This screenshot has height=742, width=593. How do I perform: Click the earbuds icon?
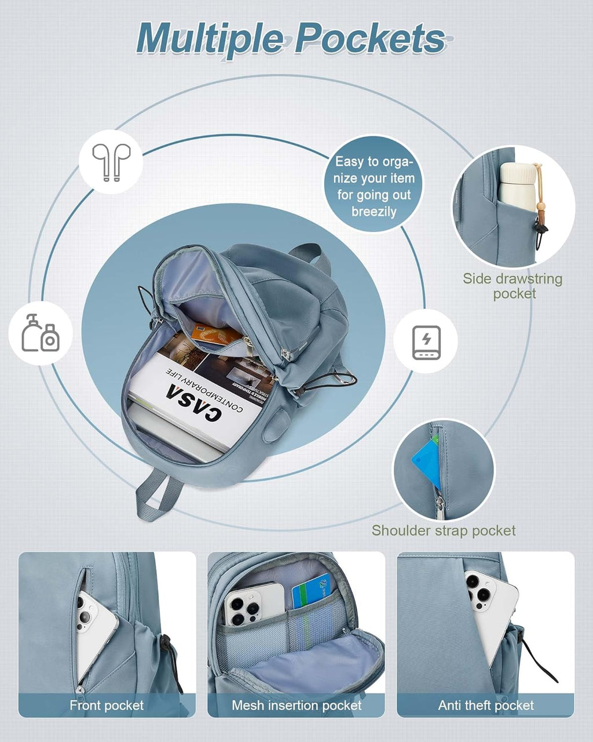point(111,161)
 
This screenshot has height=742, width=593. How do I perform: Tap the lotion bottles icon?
point(41,333)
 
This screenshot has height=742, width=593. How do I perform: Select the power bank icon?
point(426,342)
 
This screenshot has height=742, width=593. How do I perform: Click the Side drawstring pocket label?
point(513,286)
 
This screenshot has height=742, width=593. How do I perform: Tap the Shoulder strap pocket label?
point(444,530)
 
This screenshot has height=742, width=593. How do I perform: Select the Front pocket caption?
point(107,705)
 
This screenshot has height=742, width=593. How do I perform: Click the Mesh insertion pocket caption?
point(296,705)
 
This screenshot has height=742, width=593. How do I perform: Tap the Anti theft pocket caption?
point(486,705)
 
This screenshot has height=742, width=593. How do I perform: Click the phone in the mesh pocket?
point(254,604)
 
